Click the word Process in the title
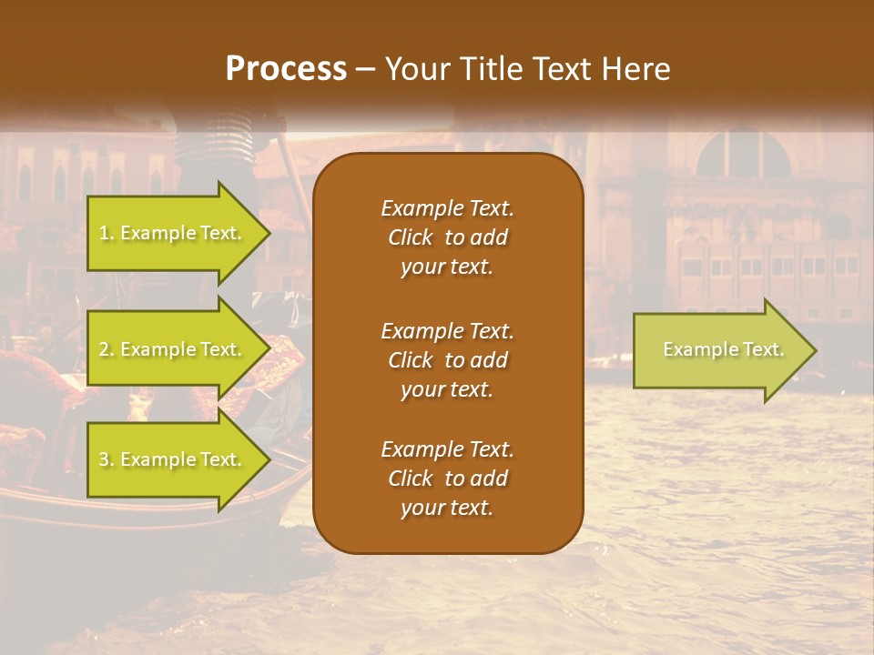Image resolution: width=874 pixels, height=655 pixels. click(x=286, y=69)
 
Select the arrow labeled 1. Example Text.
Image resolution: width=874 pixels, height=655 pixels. click(x=173, y=234)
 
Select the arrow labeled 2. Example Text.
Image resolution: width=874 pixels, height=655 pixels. click(x=173, y=349)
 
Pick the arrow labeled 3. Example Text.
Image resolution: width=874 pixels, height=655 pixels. click(x=173, y=460)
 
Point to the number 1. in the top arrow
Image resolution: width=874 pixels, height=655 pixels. click(x=107, y=234)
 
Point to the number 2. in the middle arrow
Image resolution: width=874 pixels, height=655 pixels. click(x=107, y=349)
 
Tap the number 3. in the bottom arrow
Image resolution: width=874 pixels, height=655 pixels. click(x=107, y=460)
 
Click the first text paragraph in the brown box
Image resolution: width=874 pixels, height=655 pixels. click(x=447, y=237)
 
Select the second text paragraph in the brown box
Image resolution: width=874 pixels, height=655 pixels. click(x=447, y=360)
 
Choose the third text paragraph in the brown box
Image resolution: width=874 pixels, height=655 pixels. click(x=447, y=479)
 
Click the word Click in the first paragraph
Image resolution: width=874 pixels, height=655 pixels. click(x=410, y=237)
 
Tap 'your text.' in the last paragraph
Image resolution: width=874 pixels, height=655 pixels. click(x=447, y=509)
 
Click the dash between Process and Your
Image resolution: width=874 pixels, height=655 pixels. click(x=366, y=70)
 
